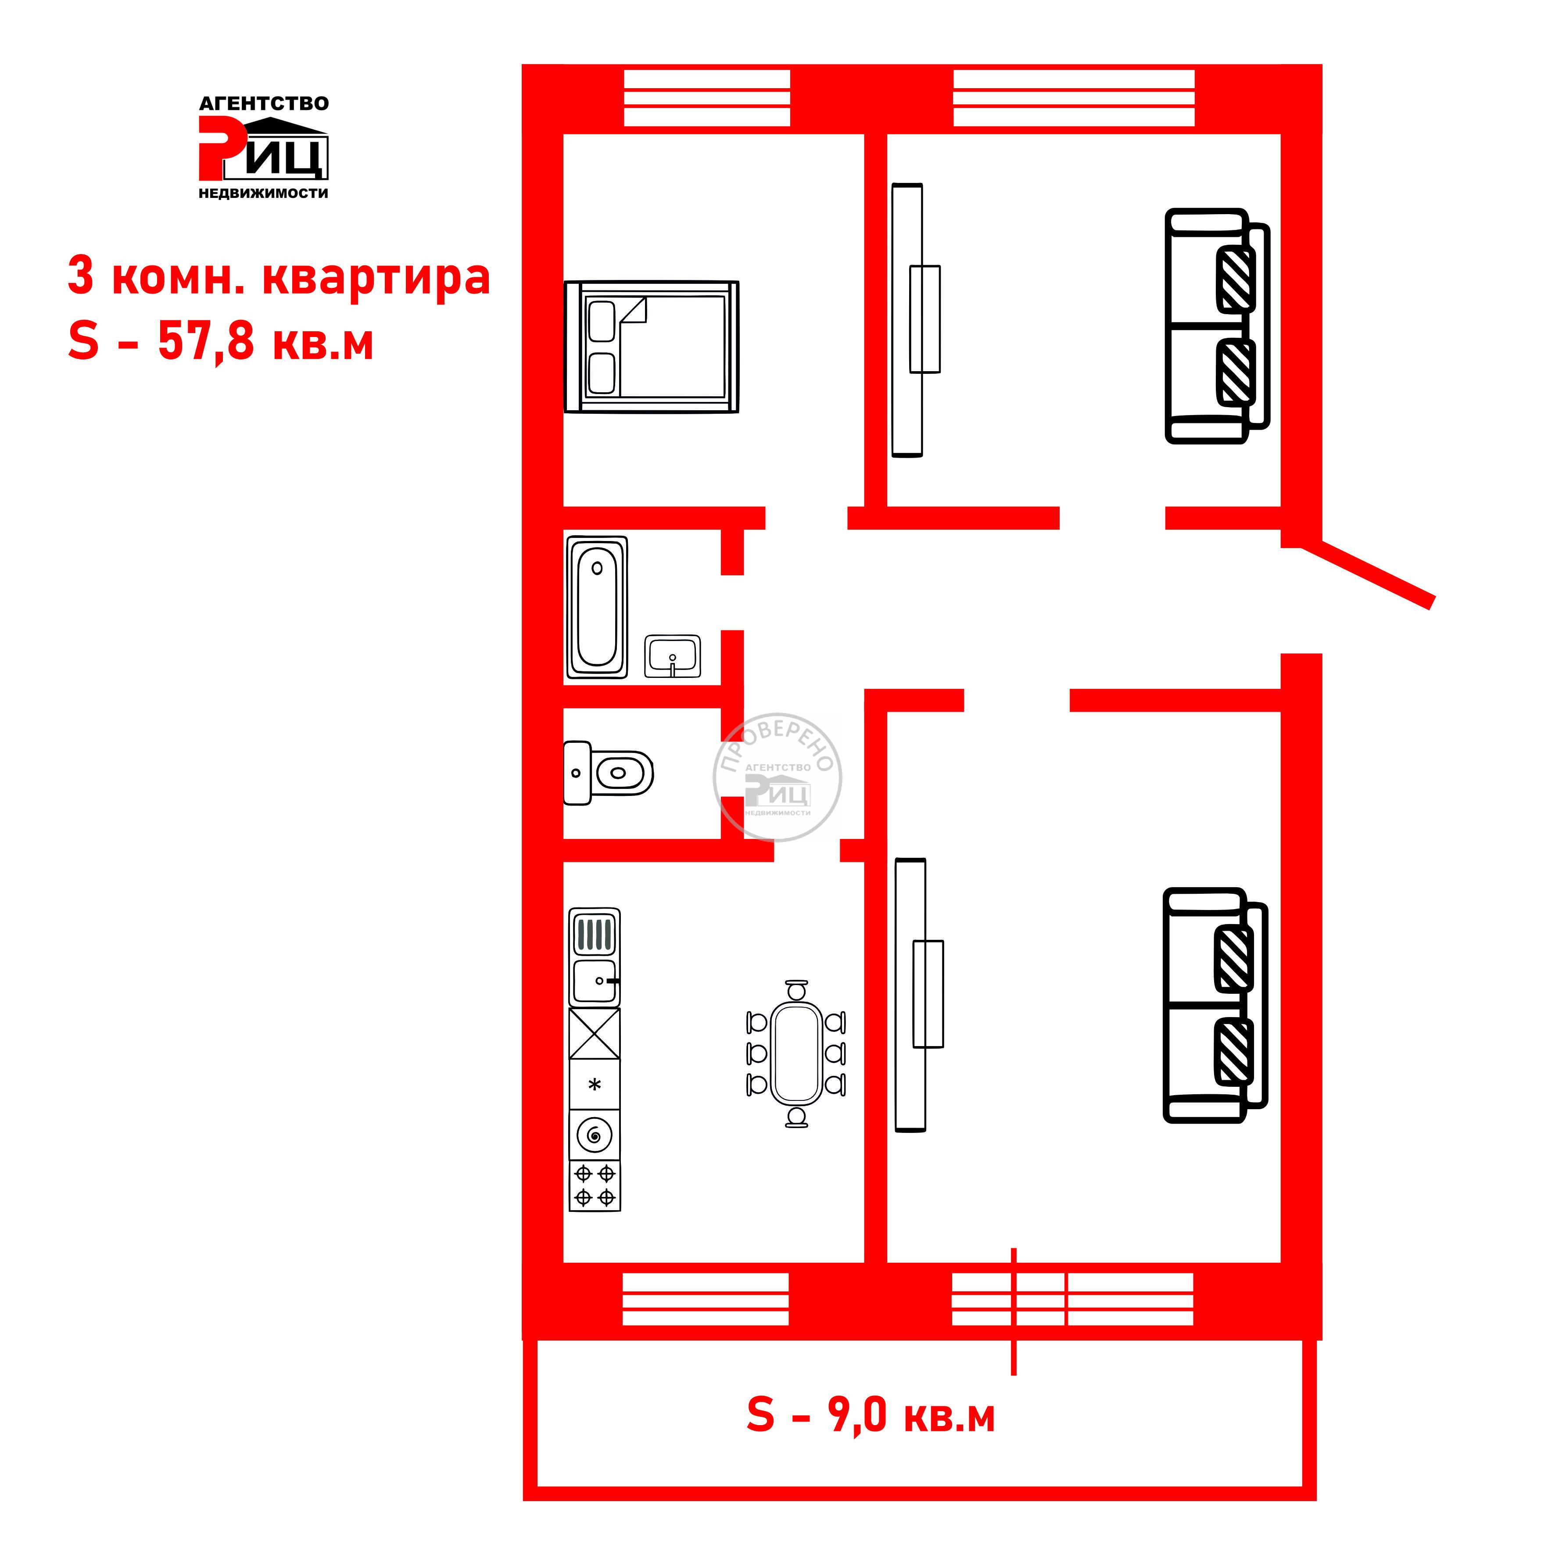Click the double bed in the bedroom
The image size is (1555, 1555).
(651, 347)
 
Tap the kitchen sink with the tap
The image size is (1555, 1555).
(595, 981)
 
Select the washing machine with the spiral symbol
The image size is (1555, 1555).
(595, 1135)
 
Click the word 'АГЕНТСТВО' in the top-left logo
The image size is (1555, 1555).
(264, 104)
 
